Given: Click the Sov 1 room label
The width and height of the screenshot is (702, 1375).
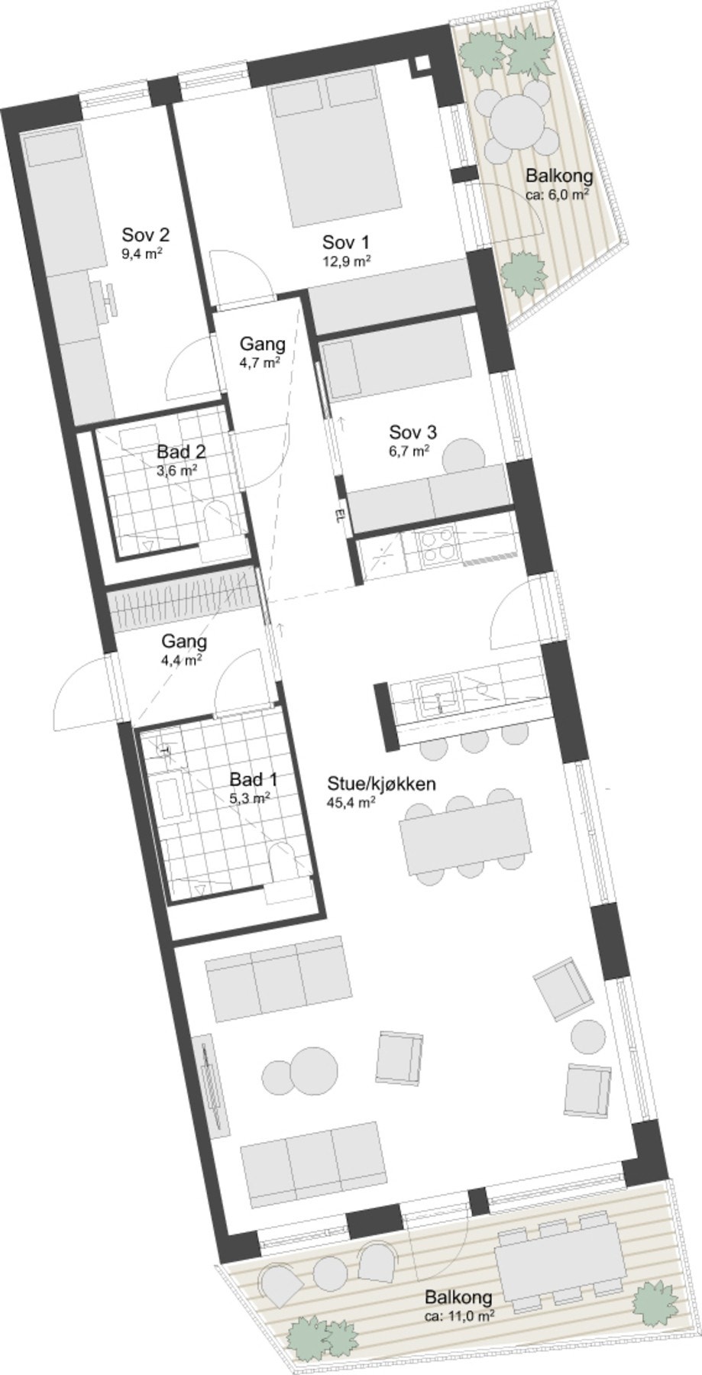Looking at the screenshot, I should (x=346, y=243).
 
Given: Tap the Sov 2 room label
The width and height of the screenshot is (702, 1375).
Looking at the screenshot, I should (x=145, y=235).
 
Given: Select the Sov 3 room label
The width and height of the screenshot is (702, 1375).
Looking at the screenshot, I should (x=412, y=432).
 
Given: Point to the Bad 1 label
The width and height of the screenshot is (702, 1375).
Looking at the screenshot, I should (x=253, y=780).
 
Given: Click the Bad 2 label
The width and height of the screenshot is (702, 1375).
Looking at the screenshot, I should (x=181, y=451).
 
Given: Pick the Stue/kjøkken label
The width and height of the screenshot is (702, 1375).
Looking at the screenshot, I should (x=381, y=784).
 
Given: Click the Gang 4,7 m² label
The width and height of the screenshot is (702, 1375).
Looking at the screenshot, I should (x=262, y=344).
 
